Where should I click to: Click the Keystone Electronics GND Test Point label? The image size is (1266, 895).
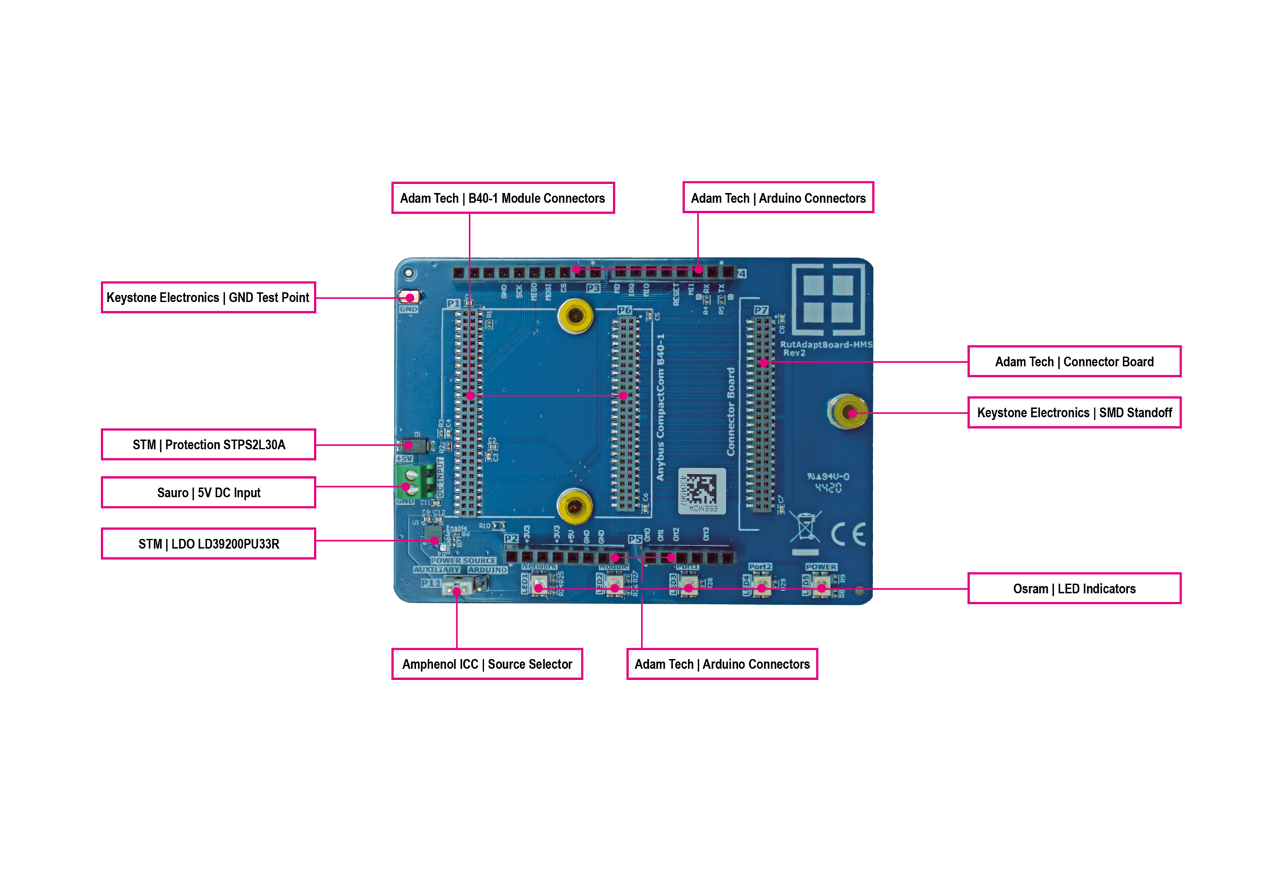208,297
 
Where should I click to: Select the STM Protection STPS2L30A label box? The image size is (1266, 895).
208,445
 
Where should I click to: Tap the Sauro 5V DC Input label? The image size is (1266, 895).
208,493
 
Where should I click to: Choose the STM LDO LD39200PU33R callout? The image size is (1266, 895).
208,543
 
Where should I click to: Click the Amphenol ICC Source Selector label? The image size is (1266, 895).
487,664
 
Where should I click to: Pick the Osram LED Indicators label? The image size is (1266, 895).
1074,588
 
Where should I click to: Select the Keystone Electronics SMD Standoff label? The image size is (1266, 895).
1074,413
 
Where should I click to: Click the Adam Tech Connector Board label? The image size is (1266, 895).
1074,361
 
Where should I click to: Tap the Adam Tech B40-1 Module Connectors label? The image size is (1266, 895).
502,198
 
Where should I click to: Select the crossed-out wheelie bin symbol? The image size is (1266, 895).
806,528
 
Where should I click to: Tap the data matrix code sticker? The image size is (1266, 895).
701,491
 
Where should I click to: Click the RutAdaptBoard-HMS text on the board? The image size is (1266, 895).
826,345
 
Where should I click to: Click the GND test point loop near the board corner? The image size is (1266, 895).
410,297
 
